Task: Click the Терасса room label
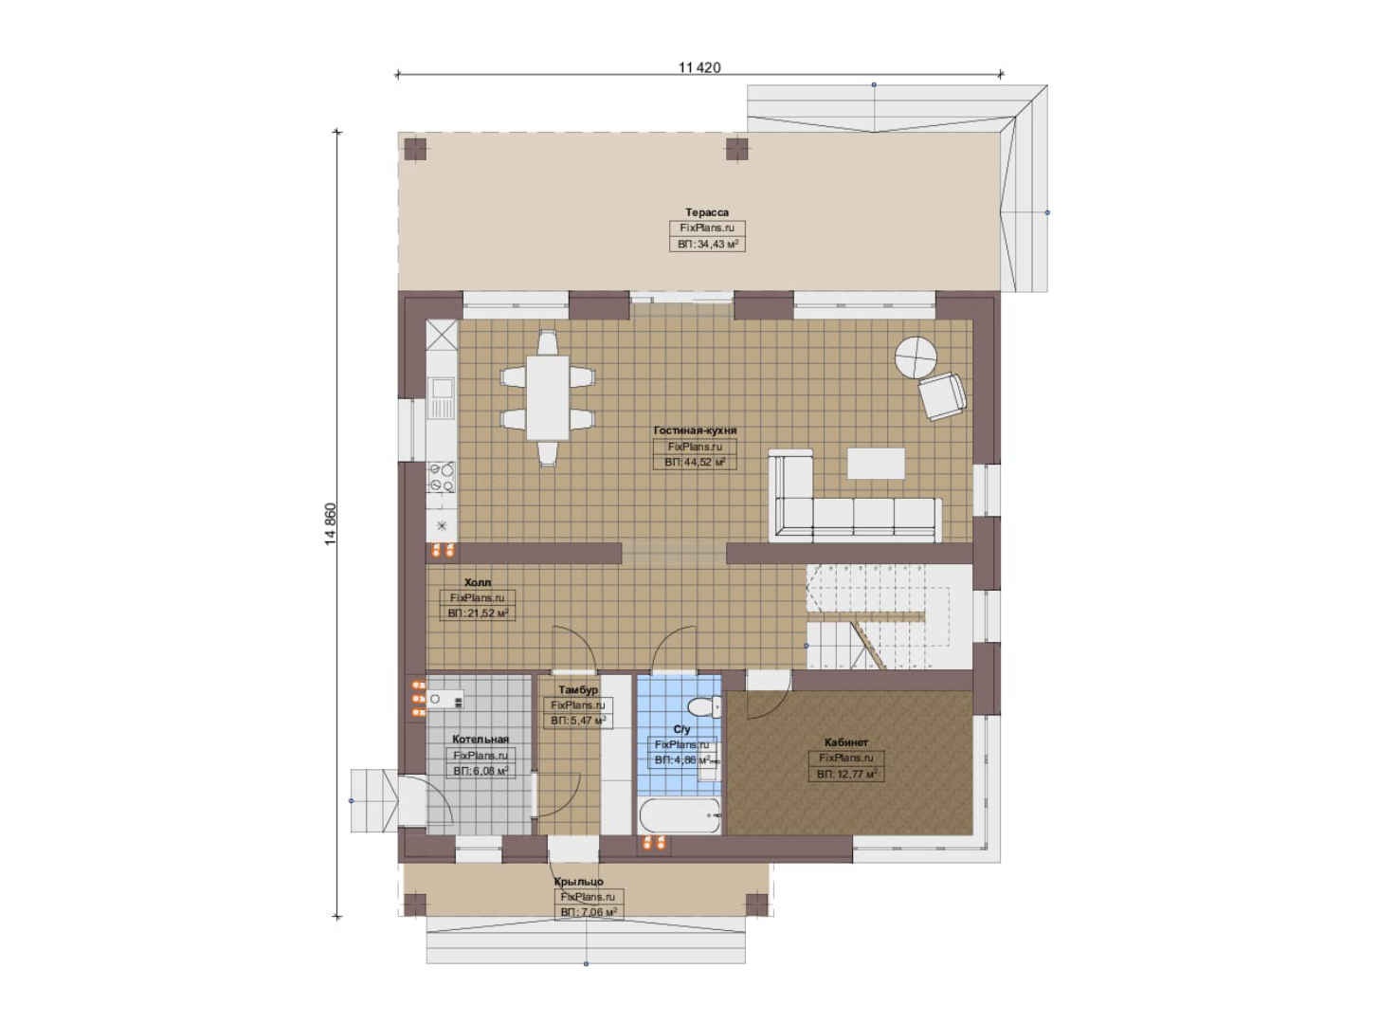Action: pyautogui.click(x=707, y=212)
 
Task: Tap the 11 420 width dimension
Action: pyautogui.click(x=699, y=67)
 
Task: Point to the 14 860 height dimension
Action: pyautogui.click(x=330, y=523)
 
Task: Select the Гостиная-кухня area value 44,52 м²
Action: pyautogui.click(x=695, y=463)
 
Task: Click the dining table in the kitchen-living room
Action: pyautogui.click(x=547, y=397)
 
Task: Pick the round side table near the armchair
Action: pyautogui.click(x=916, y=357)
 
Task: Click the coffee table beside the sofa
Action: pyautogui.click(x=876, y=464)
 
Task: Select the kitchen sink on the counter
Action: pyautogui.click(x=442, y=388)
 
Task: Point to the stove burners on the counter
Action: pyautogui.click(x=442, y=477)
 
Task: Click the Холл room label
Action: pyautogui.click(x=478, y=582)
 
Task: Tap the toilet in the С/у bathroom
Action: pyautogui.click(x=704, y=707)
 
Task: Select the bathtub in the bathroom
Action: pyautogui.click(x=680, y=815)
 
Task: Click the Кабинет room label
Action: pyautogui.click(x=846, y=742)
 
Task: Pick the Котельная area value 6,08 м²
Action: pyautogui.click(x=481, y=771)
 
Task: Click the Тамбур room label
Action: pyautogui.click(x=578, y=689)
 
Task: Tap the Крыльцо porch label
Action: pyautogui.click(x=579, y=882)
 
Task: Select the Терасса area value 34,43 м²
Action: pyautogui.click(x=708, y=244)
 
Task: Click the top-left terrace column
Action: pyautogui.click(x=415, y=149)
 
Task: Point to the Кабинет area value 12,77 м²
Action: pyautogui.click(x=847, y=775)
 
